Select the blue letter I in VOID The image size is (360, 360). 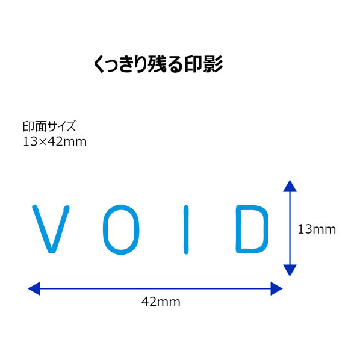pos(186,229)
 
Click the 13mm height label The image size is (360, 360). pos(317,229)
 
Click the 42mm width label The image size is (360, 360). pos(161,302)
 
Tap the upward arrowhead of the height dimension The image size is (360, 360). pos(290,186)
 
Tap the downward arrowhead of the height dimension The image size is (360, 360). pos(290,270)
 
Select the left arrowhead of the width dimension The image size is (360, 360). pos(34,288)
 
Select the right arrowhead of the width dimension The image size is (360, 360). pos(276,288)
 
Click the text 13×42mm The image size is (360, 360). pos(55,141)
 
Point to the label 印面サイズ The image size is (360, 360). pos(49,126)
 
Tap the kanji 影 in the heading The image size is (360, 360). pos(213,64)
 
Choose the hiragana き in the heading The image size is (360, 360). pos(126,64)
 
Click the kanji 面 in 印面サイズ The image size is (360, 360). pos(42,126)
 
